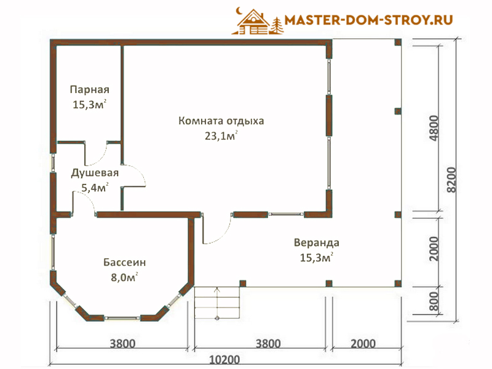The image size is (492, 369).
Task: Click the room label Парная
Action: point(89,90)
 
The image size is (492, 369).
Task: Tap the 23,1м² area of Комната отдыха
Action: point(221,136)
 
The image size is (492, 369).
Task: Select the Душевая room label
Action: point(95,173)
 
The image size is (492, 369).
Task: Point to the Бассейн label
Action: point(125,263)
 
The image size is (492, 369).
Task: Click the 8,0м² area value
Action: point(124,277)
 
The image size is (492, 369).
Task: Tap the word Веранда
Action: point(316,243)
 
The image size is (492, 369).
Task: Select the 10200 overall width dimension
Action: point(224,360)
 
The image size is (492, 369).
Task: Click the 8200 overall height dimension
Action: point(451,180)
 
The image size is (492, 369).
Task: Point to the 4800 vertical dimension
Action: point(434,128)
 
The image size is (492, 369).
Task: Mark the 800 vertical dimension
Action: point(434,301)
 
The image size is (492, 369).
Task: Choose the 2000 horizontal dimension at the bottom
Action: point(363,344)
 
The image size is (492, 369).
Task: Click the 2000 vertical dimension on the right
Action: point(434,249)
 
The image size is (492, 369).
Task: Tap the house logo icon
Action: point(257,22)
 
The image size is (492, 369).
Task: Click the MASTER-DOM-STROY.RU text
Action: point(368,20)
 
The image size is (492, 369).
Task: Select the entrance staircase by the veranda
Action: point(217,303)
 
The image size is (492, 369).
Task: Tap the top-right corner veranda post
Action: point(398,42)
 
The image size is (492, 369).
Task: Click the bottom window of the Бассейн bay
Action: point(122,318)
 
